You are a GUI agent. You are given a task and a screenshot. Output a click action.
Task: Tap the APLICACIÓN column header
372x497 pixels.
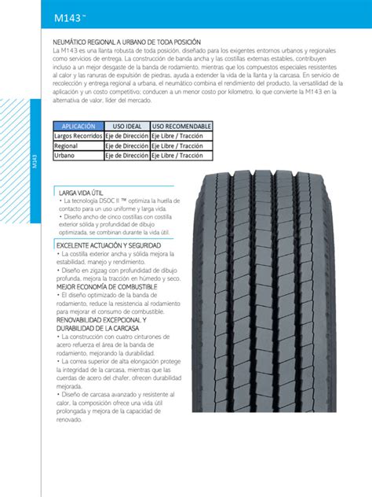click(78, 126)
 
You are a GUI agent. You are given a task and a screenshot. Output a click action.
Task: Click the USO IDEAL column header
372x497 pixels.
click(126, 126)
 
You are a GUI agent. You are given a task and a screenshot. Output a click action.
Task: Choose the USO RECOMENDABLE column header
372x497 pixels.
click(181, 126)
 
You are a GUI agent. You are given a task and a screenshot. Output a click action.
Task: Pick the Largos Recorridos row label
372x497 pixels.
click(78, 136)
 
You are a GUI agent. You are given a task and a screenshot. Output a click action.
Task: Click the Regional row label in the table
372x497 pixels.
click(66, 146)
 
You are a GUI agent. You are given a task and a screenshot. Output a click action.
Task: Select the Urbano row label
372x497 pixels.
click(64, 156)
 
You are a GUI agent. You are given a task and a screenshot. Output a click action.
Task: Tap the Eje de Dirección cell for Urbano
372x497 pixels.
click(126, 156)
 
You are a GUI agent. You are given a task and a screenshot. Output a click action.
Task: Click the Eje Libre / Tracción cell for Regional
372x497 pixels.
click(181, 146)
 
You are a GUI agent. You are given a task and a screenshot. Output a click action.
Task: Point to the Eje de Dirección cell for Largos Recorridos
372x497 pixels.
click(126, 136)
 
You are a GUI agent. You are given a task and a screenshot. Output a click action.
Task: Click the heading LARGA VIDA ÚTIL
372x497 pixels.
click(81, 192)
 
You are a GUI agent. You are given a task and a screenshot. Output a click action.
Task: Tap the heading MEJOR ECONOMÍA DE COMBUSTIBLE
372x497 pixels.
click(108, 287)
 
